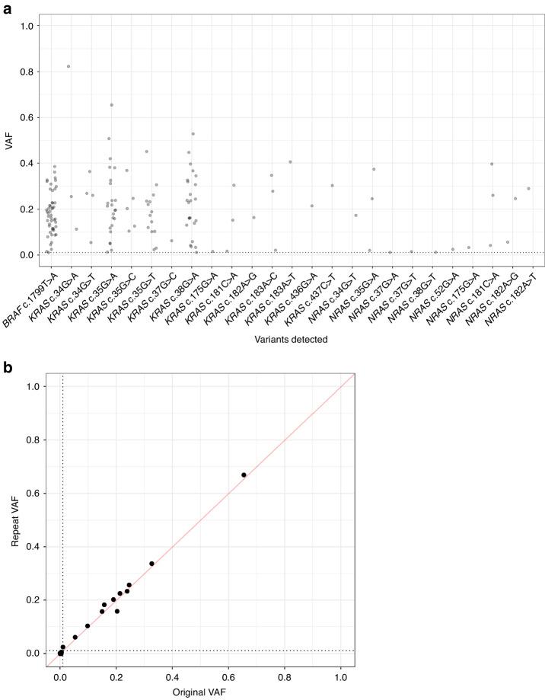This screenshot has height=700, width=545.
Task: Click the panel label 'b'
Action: click(x=6, y=365)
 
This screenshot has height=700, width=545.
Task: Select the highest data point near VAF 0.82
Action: click(x=69, y=66)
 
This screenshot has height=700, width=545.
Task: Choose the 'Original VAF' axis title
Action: click(x=200, y=692)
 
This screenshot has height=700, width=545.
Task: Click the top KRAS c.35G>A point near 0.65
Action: click(x=112, y=105)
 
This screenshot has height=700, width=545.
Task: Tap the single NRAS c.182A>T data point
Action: click(x=528, y=189)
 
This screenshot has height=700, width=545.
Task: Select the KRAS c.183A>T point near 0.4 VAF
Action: click(x=290, y=161)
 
